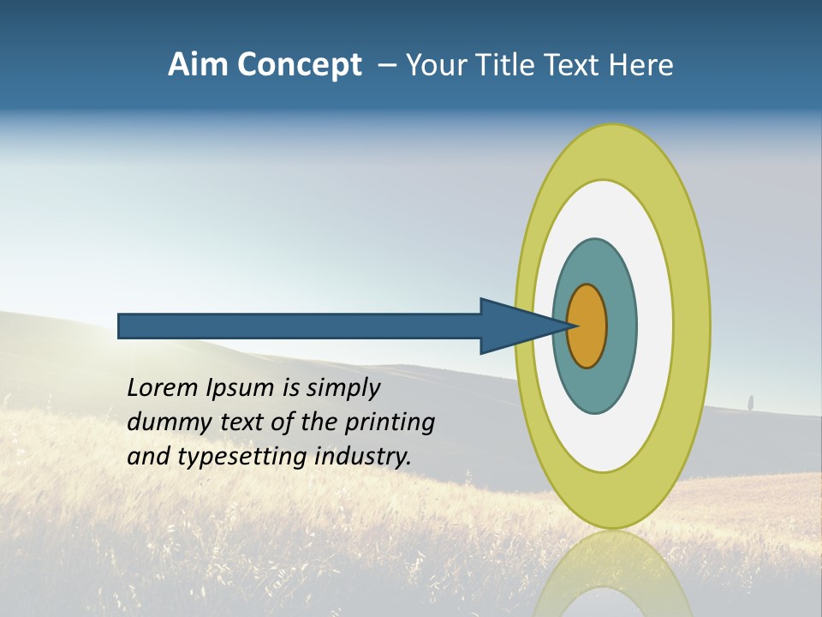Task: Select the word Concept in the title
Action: coord(300,65)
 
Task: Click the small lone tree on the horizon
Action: coord(750,402)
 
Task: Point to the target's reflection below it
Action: coord(612,574)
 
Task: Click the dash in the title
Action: coord(387,66)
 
